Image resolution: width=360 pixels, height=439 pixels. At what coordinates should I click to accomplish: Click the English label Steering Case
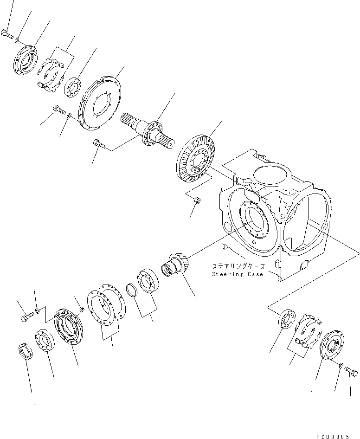click(x=238, y=274)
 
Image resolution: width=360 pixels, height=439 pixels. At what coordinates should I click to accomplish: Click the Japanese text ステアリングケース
click(x=238, y=266)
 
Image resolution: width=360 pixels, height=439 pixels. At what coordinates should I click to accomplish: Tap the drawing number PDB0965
click(x=333, y=436)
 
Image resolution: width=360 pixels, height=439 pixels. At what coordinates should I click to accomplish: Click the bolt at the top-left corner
click(x=7, y=35)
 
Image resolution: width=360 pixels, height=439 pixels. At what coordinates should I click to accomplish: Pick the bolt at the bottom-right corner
click(x=351, y=371)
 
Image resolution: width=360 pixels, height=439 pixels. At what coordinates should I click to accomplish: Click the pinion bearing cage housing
click(x=69, y=327)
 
